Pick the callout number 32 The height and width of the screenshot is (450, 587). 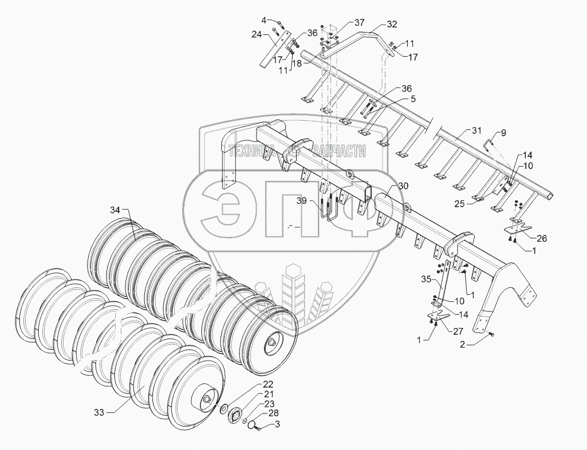pos(391,24)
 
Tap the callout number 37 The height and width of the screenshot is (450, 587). pos(359,22)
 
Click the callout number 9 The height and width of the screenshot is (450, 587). pos(503,133)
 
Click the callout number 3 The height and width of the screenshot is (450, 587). pos(277,424)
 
